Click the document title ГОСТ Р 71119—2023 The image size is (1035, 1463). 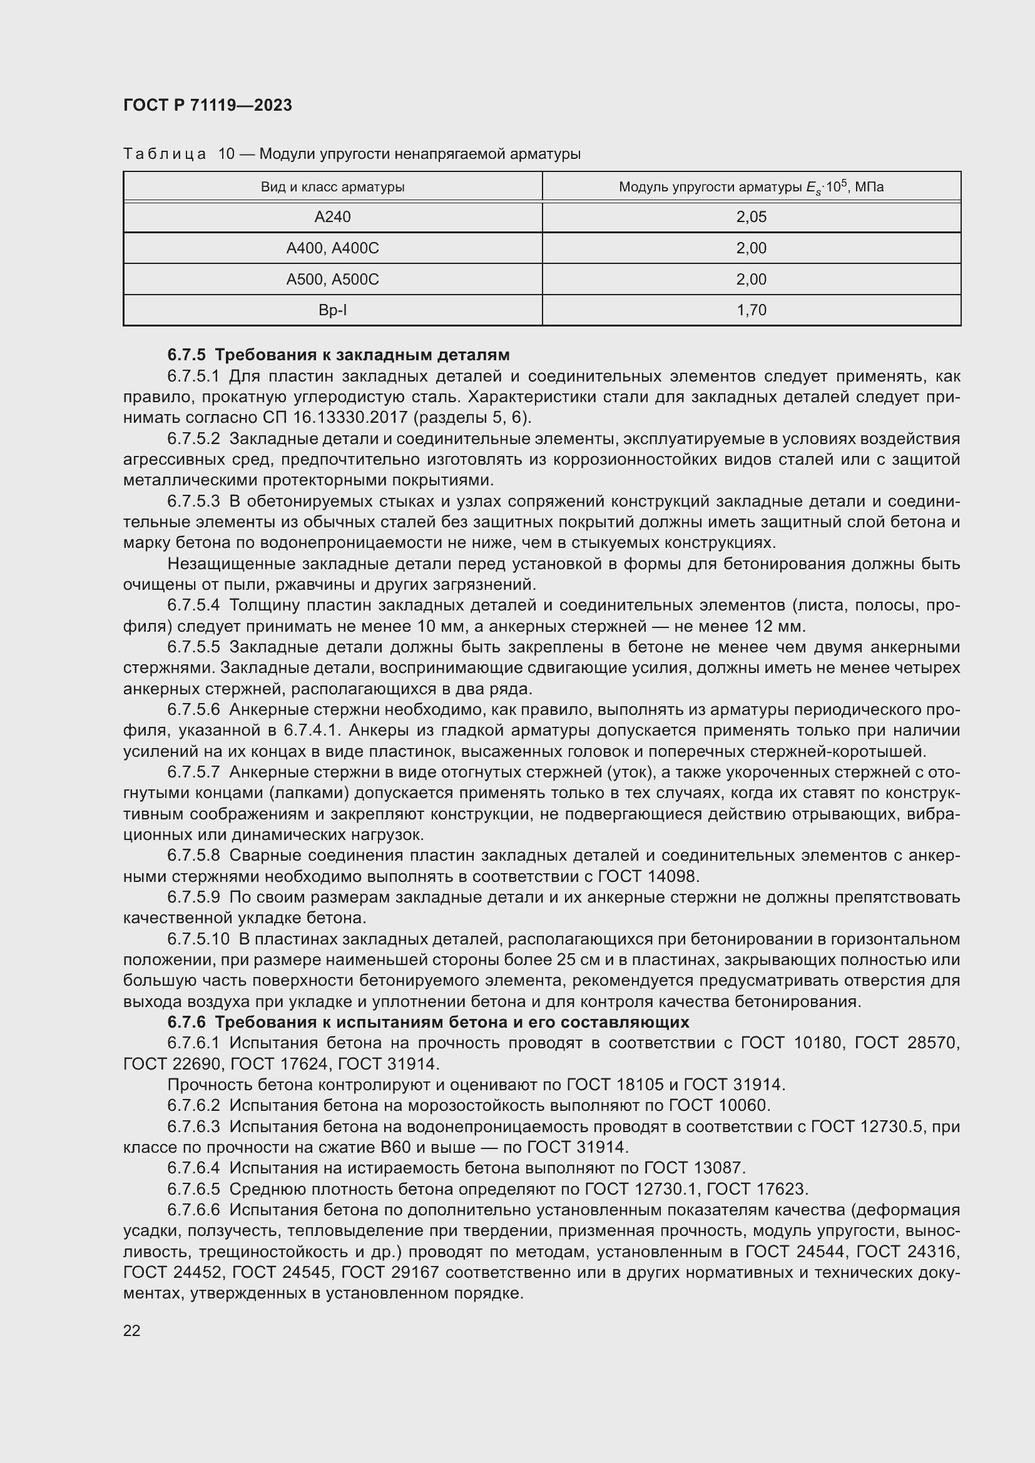point(208,105)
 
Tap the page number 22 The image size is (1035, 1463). point(132,1330)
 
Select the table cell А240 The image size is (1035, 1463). point(332,217)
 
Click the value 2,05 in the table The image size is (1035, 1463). point(751,217)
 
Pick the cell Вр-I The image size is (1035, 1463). point(332,310)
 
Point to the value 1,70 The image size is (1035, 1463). point(751,310)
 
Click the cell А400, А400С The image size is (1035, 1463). point(332,248)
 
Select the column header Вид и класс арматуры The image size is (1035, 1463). point(332,188)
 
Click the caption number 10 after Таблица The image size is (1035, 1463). point(227,154)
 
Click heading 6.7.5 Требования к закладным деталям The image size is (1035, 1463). point(339,355)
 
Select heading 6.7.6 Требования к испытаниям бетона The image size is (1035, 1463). point(428,1023)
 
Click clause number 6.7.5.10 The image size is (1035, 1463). point(198,939)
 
